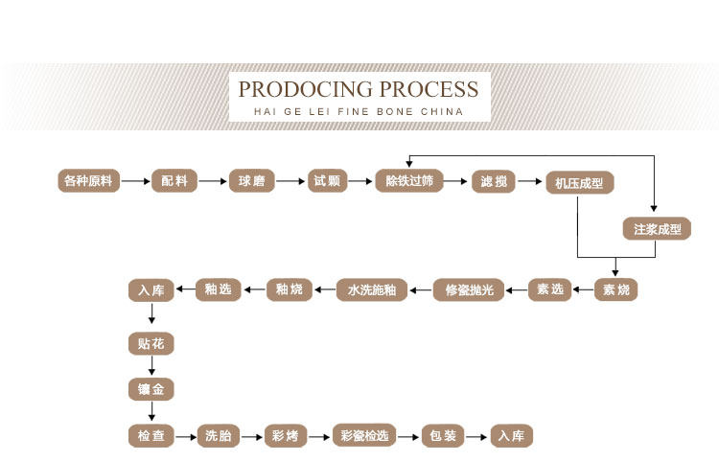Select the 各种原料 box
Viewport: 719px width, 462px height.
tap(89, 180)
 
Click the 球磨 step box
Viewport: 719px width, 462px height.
tap(251, 180)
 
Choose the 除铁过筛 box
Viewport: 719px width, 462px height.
tap(409, 180)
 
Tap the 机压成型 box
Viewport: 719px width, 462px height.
tap(580, 183)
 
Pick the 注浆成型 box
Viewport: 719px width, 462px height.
tap(656, 229)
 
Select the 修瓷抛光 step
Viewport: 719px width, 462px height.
tap(469, 289)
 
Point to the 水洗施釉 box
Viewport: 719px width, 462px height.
tap(372, 289)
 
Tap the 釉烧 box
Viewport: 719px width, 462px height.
tap(290, 289)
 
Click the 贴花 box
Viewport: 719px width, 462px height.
tap(151, 342)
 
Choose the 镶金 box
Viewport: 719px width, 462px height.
tap(151, 389)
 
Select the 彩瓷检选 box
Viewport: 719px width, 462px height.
tap(364, 436)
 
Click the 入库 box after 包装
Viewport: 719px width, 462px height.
tap(513, 436)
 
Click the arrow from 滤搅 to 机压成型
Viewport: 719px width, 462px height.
tap(530, 181)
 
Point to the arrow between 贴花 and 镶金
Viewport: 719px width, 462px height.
tap(151, 365)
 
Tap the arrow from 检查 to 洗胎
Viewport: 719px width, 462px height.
tap(186, 436)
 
